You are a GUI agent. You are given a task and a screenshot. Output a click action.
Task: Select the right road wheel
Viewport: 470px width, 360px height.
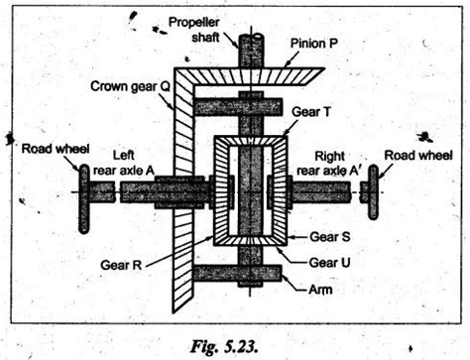tap(373, 190)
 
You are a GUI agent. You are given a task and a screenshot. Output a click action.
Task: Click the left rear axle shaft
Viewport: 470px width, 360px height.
tap(139, 191)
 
